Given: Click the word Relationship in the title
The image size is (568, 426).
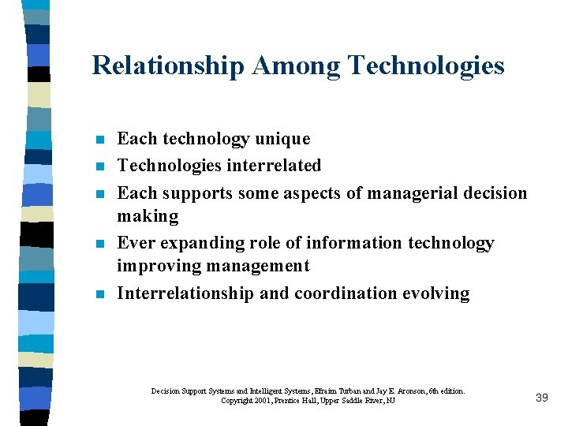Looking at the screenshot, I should [168, 65].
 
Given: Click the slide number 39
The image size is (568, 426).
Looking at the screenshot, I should [541, 398].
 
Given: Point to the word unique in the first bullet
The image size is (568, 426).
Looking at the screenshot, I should [282, 139].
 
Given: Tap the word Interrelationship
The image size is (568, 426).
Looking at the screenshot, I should [185, 293].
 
